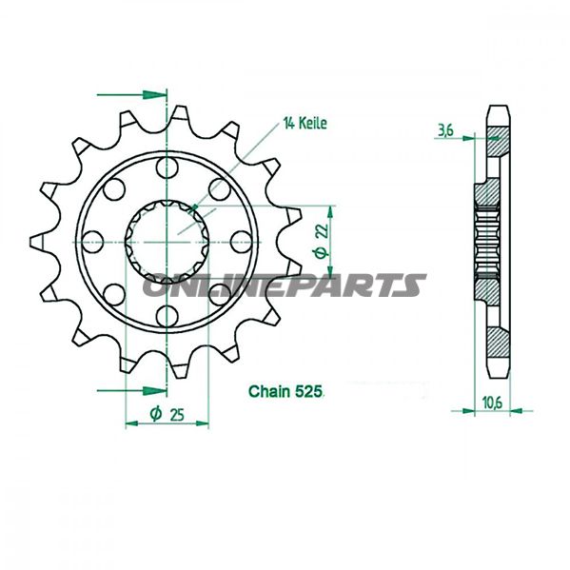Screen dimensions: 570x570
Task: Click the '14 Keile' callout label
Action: click(304, 123)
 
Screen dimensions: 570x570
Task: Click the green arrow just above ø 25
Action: click(133, 389)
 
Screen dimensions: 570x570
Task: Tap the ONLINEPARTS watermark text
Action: click(285, 285)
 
